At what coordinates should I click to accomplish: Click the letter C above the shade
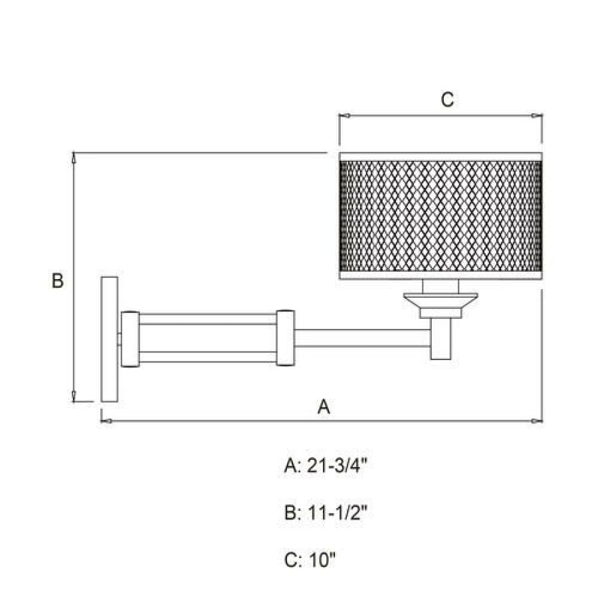point(447,100)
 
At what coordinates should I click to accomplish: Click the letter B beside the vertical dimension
point(58,280)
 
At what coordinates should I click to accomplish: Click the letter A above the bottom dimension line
point(324,407)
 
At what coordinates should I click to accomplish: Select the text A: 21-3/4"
point(326,466)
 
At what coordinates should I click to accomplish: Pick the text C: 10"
point(310,560)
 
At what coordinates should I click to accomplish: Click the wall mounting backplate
point(110,339)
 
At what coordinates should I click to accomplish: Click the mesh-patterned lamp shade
point(441,216)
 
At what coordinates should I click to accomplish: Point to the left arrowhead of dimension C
point(345,116)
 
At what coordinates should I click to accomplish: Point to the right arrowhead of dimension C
point(537,116)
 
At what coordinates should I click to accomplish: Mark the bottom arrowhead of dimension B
point(74,396)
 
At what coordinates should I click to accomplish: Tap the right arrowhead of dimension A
point(537,421)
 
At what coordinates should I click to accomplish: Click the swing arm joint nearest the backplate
point(130,339)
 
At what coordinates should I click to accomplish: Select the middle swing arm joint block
point(286,338)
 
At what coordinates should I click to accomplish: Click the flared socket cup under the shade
point(441,306)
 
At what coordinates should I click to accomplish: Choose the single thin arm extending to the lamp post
point(363,338)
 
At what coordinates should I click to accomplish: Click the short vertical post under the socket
point(441,339)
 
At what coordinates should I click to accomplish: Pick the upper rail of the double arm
point(208,319)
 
